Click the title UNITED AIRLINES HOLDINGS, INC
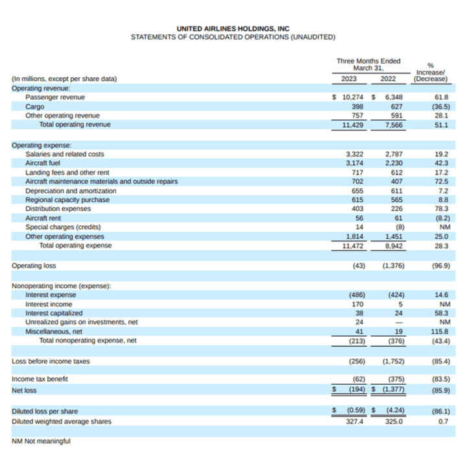233,29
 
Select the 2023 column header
349,79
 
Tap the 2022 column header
388,79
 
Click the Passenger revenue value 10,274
353,97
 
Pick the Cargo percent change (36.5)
441,106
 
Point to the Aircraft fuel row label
43,163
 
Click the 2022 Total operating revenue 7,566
394,125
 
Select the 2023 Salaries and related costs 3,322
354,154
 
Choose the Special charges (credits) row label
63,227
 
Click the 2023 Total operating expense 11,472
353,246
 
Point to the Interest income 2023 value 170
357,304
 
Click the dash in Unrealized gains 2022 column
399,323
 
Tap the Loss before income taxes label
51,361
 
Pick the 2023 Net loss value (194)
357,389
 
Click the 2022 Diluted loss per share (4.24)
395,410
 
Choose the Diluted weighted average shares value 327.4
354,422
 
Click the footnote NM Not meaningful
41,441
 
